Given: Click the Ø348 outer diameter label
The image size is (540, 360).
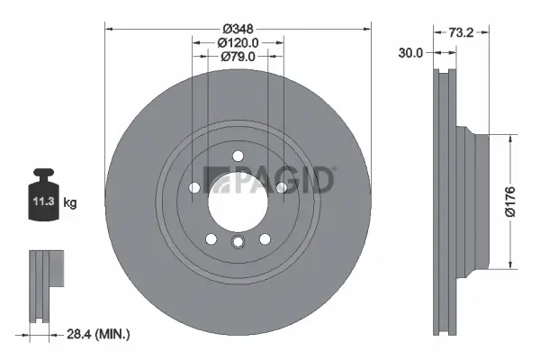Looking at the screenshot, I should point(238,27).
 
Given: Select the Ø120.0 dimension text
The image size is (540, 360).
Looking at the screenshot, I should point(238,42).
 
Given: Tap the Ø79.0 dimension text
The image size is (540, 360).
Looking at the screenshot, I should point(238,58).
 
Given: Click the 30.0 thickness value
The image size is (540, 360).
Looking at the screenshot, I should point(410,53).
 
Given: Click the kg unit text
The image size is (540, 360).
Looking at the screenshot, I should point(70,203).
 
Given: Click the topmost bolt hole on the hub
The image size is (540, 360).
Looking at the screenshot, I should point(238,156).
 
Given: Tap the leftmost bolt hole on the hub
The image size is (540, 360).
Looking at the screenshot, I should point(194,187).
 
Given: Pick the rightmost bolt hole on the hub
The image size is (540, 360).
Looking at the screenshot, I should point(281,187).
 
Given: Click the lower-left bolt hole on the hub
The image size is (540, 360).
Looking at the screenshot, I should point(211,238).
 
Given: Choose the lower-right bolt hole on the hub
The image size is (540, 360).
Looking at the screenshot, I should point(265,238).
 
